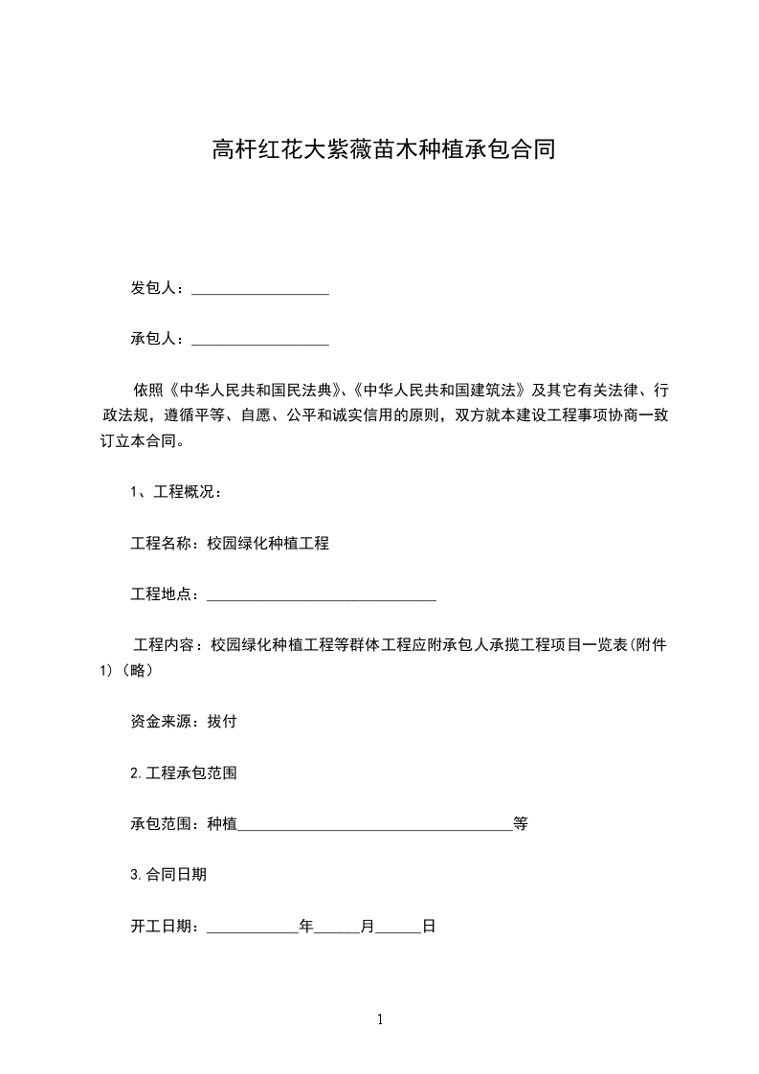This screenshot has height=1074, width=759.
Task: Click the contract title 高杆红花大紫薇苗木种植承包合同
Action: pos(383,150)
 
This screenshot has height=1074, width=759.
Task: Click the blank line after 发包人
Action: pos(260,289)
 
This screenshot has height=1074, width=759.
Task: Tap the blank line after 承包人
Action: pos(260,340)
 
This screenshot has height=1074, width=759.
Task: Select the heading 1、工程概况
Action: pos(176,492)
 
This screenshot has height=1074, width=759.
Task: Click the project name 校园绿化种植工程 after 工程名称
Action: pos(268,543)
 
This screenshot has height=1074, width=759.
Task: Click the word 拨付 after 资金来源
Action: pos(222,722)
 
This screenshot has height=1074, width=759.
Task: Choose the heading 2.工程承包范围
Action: pos(184,772)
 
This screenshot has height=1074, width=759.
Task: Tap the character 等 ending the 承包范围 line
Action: pos(521,823)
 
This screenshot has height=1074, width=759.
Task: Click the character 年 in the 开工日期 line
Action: pos(306,927)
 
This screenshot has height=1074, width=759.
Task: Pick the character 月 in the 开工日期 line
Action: pos(368,927)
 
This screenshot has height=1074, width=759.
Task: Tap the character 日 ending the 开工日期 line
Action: pos(429,927)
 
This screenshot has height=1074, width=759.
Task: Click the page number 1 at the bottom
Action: pos(380,1020)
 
